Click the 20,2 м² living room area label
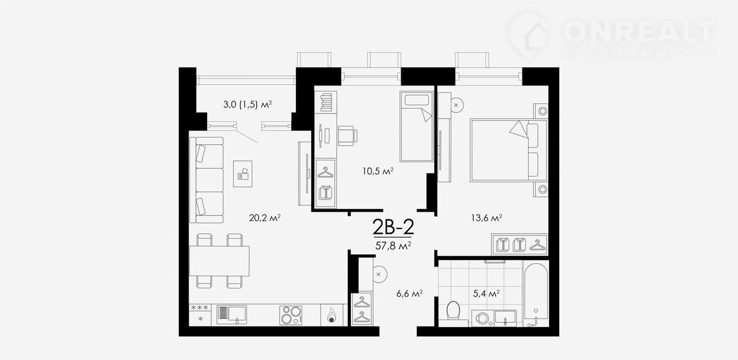[265, 218]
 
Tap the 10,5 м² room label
[378, 171]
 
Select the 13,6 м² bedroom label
[486, 218]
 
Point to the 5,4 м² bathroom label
[486, 294]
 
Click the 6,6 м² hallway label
[409, 294]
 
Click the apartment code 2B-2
[393, 227]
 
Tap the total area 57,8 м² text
[393, 246]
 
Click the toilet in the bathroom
[453, 311]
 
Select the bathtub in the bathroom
[536, 294]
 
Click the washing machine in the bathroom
[483, 318]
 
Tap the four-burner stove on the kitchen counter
[291, 315]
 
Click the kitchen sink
[232, 315]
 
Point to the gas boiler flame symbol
[332, 315]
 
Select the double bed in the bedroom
[509, 151]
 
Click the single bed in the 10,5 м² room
[416, 126]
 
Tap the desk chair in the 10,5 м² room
[348, 136]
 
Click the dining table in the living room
[219, 261]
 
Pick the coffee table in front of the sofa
[243, 174]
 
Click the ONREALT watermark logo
[612, 37]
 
